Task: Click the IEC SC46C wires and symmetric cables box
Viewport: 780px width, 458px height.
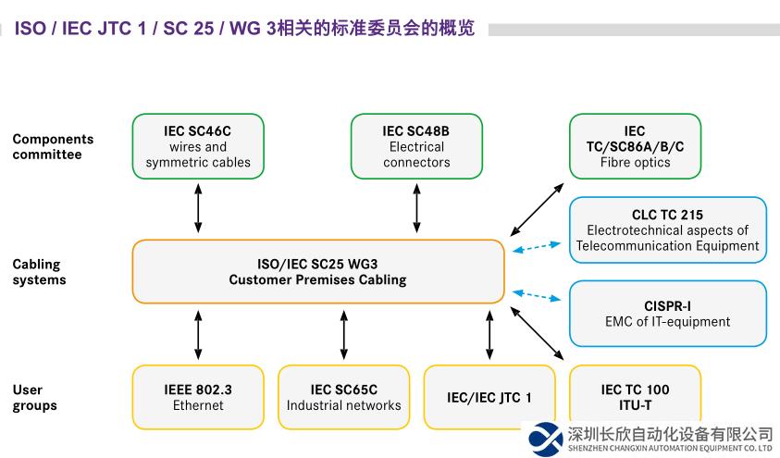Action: point(198,146)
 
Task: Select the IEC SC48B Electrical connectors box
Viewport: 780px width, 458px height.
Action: point(416,146)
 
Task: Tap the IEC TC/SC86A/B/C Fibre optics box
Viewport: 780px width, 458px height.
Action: point(634,146)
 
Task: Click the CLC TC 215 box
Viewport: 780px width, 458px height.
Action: point(667,230)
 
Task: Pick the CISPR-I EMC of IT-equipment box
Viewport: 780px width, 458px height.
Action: point(667,314)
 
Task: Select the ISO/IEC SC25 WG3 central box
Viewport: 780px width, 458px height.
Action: point(317,271)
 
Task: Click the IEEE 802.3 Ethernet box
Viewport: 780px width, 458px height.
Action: point(198,397)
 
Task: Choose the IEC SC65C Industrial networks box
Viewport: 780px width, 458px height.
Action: point(343,397)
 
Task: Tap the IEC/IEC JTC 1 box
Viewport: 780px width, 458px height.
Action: point(489,397)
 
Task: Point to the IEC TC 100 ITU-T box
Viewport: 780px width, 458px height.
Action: point(634,397)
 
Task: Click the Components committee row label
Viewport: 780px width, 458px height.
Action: point(53,146)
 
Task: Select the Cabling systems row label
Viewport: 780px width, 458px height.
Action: point(39,272)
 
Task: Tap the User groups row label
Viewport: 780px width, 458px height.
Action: point(34,397)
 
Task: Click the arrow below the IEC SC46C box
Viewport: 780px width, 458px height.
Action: point(198,208)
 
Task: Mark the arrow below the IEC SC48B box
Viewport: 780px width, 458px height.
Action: point(416,208)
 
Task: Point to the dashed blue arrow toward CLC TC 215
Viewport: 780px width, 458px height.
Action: point(537,247)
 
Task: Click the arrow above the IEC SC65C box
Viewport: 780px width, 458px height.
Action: point(344,335)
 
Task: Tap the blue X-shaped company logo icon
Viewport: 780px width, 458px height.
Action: point(543,439)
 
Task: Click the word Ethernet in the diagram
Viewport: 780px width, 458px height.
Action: point(198,405)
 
